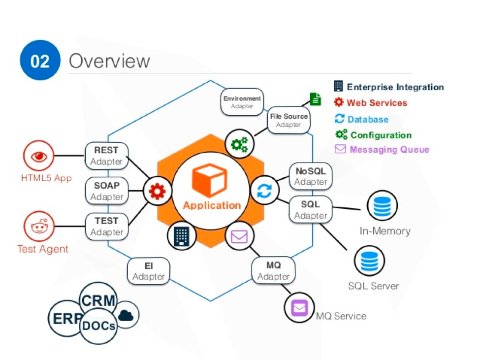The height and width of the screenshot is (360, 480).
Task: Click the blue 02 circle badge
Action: [40, 61]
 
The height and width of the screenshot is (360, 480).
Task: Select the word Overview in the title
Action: [109, 61]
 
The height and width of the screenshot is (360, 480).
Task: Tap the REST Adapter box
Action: [106, 156]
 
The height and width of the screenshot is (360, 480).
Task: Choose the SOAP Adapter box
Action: [107, 191]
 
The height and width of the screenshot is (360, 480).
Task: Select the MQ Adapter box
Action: [273, 271]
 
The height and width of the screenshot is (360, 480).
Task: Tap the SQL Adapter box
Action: [310, 210]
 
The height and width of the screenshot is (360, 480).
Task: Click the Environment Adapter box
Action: [242, 102]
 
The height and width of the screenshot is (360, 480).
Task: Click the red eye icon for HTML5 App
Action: [39, 156]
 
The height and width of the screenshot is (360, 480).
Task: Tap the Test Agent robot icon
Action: [39, 227]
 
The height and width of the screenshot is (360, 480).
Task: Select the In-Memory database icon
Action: [382, 206]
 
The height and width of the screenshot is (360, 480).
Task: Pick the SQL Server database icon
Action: [369, 262]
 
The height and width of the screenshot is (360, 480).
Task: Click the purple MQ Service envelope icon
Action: [299, 308]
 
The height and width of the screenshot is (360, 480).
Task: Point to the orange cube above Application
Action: [209, 180]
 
